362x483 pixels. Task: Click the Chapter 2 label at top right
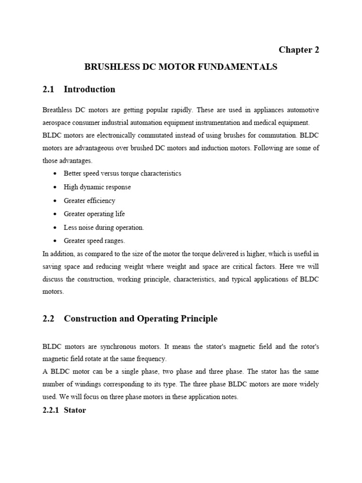pos(299,50)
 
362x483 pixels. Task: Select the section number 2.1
pos(49,89)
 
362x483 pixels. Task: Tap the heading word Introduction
pos(89,89)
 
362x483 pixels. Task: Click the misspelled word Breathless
pos(58,110)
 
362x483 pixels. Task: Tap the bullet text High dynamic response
pos(97,187)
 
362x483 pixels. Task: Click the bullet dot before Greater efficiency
pos(56,200)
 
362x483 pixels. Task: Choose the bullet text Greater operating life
pos(94,214)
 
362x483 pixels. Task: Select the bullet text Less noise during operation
pos(104,227)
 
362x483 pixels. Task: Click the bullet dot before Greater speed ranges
pos(56,241)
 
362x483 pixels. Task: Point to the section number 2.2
pos(49,318)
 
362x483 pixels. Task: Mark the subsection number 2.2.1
pos(51,410)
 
